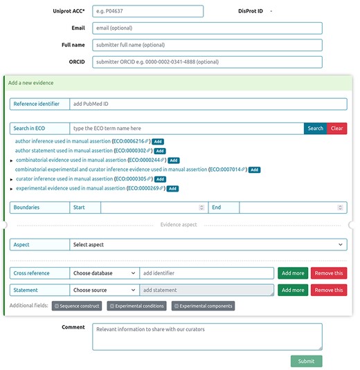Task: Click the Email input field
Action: [208, 28]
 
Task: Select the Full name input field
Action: [208, 45]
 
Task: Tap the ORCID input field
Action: [208, 62]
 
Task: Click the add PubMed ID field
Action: [208, 104]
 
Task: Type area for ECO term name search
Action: [186, 129]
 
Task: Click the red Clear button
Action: [337, 129]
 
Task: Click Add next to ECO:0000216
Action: [158, 141]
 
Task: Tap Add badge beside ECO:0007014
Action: [254, 169]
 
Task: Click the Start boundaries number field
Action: [153, 207]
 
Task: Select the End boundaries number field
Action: [291, 207]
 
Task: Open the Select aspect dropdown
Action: [208, 245]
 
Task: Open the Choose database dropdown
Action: [105, 273]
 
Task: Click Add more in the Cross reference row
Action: [293, 273]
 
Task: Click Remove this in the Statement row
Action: [329, 290]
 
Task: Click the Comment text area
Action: [208, 337]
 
